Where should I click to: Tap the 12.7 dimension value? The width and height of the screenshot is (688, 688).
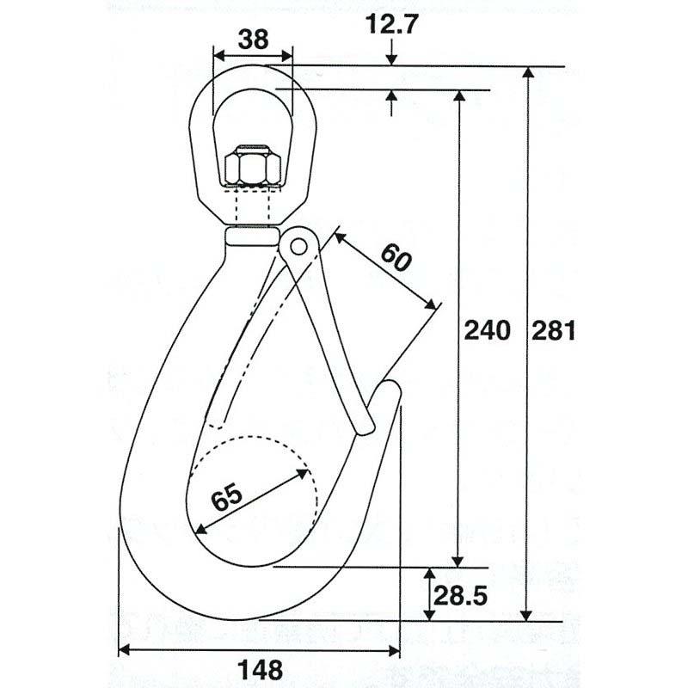click(392, 26)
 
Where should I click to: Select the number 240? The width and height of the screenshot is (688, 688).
click(487, 330)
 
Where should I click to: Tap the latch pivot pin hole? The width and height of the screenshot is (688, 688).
click(298, 245)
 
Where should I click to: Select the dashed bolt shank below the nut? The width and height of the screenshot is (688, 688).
click(253, 204)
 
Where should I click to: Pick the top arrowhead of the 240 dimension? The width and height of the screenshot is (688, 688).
click(458, 95)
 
